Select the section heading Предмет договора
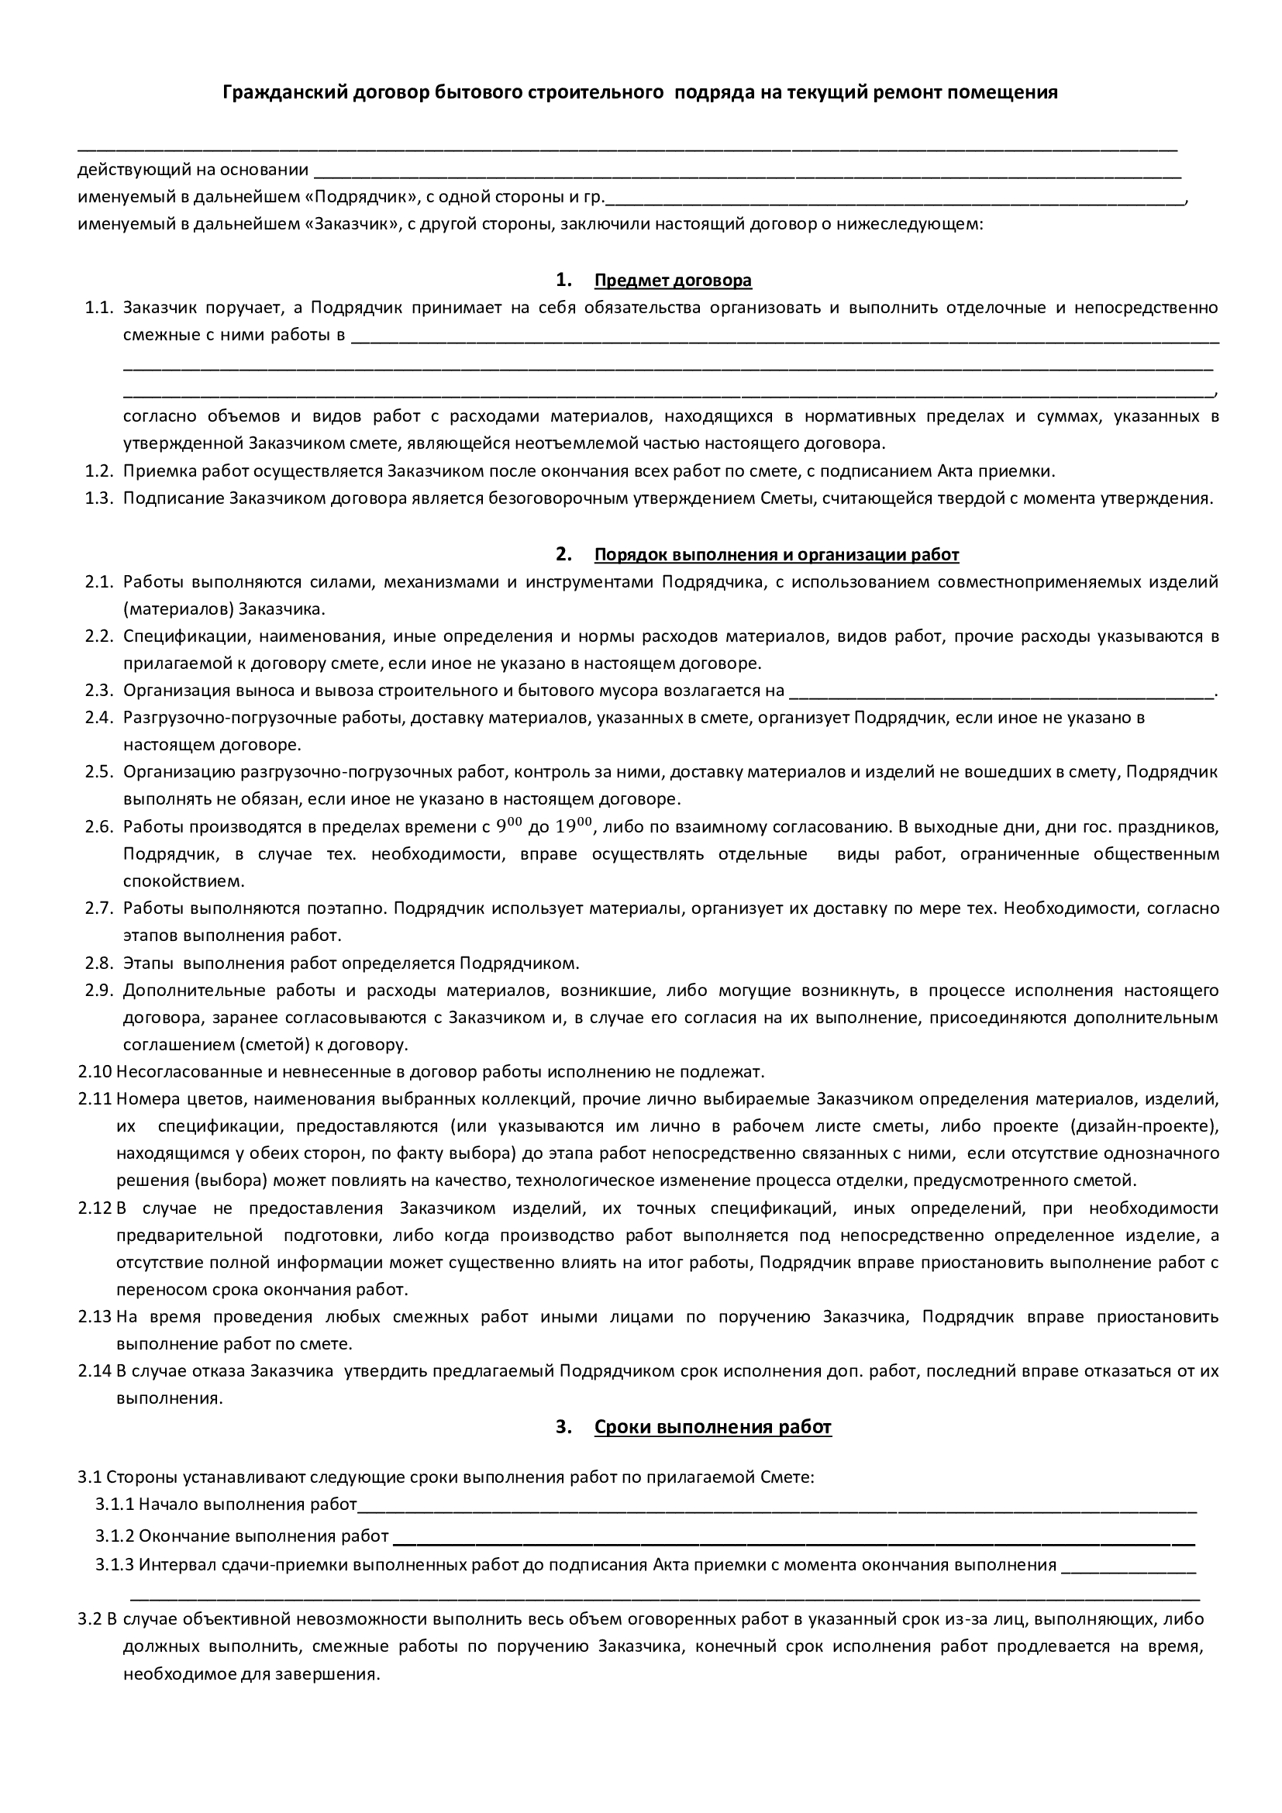click(673, 281)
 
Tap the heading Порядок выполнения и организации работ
click(776, 554)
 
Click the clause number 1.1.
click(100, 308)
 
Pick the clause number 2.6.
click(100, 827)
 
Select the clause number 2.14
click(95, 1371)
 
